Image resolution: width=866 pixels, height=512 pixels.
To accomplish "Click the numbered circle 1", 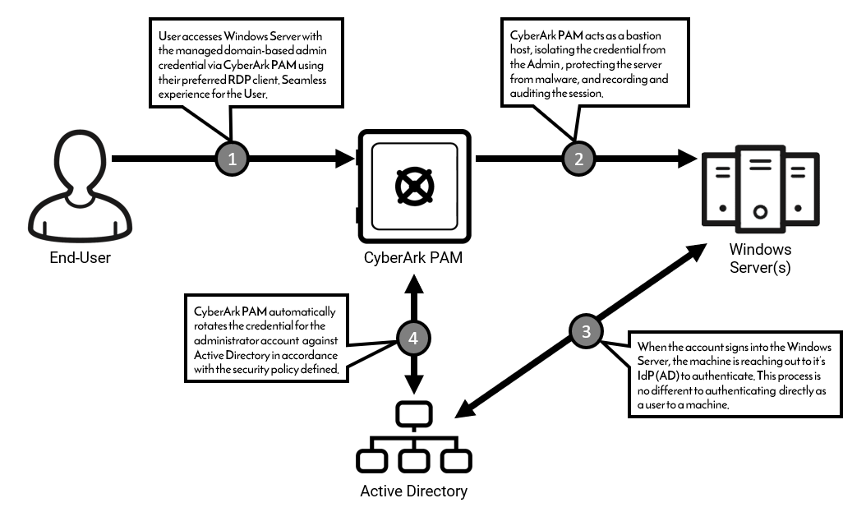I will (233, 159).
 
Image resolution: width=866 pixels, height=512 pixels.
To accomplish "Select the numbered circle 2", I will (578, 159).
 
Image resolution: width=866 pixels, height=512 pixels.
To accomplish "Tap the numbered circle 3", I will (585, 332).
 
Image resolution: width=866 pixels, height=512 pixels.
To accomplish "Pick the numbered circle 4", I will (412, 338).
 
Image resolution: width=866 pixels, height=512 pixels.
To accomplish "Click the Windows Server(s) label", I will (760, 257).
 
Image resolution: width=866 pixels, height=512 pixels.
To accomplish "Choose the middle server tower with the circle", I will (760, 187).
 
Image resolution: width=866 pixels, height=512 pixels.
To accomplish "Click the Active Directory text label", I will (414, 491).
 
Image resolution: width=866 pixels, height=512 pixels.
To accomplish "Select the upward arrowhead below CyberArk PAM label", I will (412, 283).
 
